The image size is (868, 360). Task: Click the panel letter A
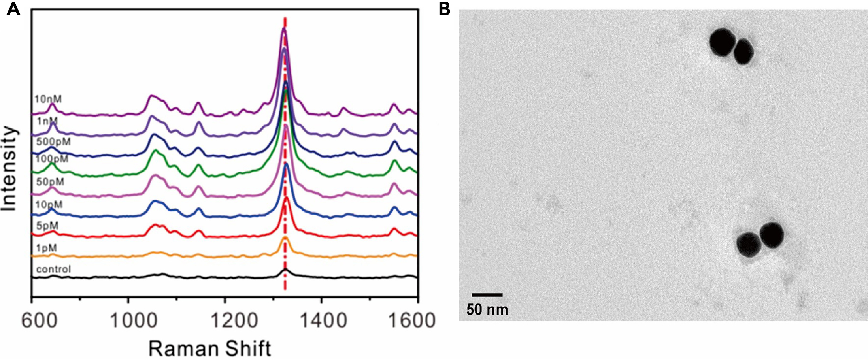(x=13, y=9)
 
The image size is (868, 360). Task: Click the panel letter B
(x=444, y=9)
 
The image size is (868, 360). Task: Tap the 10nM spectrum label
(x=48, y=99)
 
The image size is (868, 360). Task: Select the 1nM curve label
(x=47, y=121)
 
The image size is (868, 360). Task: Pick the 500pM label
(x=53, y=141)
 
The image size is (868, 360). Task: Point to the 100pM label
(x=52, y=159)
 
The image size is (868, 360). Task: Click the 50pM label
(x=50, y=182)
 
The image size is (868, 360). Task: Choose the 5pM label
(x=47, y=226)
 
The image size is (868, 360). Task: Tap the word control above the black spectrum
(x=53, y=269)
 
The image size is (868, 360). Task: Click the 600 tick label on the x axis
(x=39, y=320)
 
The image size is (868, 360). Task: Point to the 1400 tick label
(x=323, y=320)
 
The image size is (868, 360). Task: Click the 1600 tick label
(x=412, y=320)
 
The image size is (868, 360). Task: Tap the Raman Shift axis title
(x=209, y=349)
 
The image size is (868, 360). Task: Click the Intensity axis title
(x=9, y=169)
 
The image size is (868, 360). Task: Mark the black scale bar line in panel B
(x=487, y=295)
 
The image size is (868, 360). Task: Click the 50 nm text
(x=487, y=309)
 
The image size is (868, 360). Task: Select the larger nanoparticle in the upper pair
(x=722, y=42)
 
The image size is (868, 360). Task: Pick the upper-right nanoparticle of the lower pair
(x=771, y=235)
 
